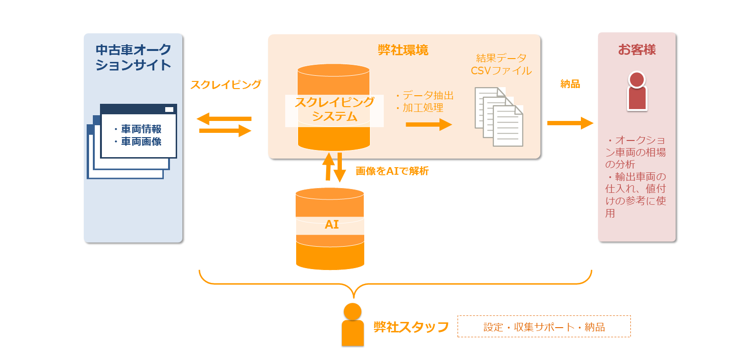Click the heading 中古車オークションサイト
point(133,57)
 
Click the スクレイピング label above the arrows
point(226,85)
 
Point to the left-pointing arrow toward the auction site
point(224,118)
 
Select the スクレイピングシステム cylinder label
point(334,109)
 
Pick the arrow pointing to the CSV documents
point(429,125)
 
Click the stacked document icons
point(499,117)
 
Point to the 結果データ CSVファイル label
point(501,64)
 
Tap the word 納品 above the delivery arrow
point(570,84)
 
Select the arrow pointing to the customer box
point(570,123)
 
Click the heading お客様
point(637,50)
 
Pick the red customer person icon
point(637,91)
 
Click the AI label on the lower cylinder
point(331,225)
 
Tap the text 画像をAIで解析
point(392,171)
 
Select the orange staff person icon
point(352,325)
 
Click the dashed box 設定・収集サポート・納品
point(544,327)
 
